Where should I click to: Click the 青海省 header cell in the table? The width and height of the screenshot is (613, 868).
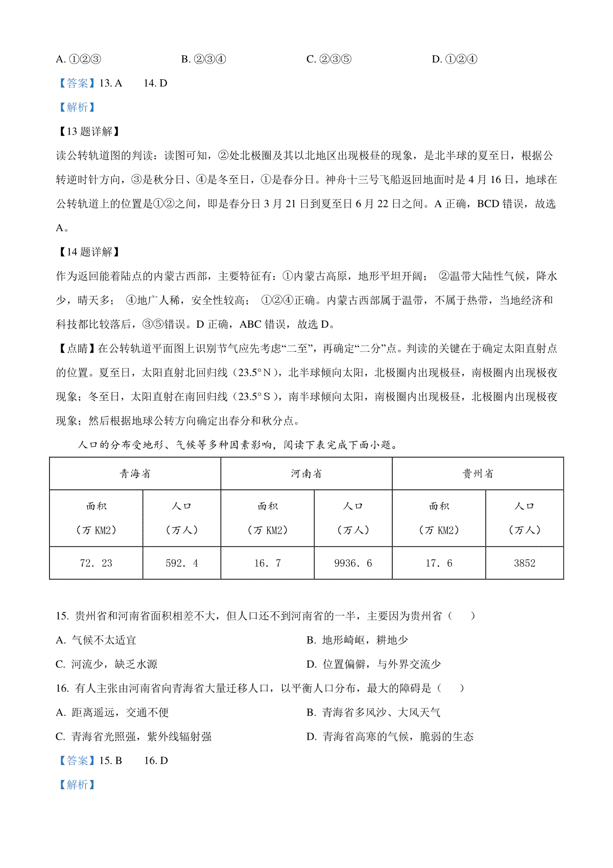pyautogui.click(x=135, y=474)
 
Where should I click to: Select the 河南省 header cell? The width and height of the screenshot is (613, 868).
pyautogui.click(x=306, y=474)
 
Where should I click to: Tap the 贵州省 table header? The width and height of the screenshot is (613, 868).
pyautogui.click(x=478, y=474)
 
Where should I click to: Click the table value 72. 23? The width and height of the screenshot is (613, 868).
pyautogui.click(x=96, y=563)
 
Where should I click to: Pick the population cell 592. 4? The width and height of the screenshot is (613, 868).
pyautogui.click(x=182, y=563)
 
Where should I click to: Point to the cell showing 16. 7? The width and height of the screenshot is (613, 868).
pyautogui.click(x=268, y=563)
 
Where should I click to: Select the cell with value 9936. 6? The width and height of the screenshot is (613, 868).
pyautogui.click(x=353, y=563)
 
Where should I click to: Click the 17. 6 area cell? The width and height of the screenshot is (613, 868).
pyautogui.click(x=439, y=563)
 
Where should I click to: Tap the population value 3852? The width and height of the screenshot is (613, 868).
pyautogui.click(x=525, y=563)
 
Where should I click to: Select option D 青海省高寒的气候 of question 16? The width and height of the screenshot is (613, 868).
pyautogui.click(x=390, y=737)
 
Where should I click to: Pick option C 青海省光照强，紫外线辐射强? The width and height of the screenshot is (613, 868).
pyautogui.click(x=133, y=737)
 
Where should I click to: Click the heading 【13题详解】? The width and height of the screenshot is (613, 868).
pyautogui.click(x=89, y=131)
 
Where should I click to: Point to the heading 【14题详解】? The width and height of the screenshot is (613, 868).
pyautogui.click(x=89, y=252)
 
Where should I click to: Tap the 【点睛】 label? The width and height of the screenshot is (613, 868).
pyautogui.click(x=77, y=349)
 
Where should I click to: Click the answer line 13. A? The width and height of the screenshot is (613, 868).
pyautogui.click(x=110, y=83)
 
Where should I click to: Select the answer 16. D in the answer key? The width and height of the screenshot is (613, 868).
pyautogui.click(x=156, y=761)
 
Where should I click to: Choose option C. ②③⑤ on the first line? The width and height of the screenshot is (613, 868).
pyautogui.click(x=329, y=59)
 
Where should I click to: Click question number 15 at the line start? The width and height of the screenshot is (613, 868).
pyautogui.click(x=62, y=616)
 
